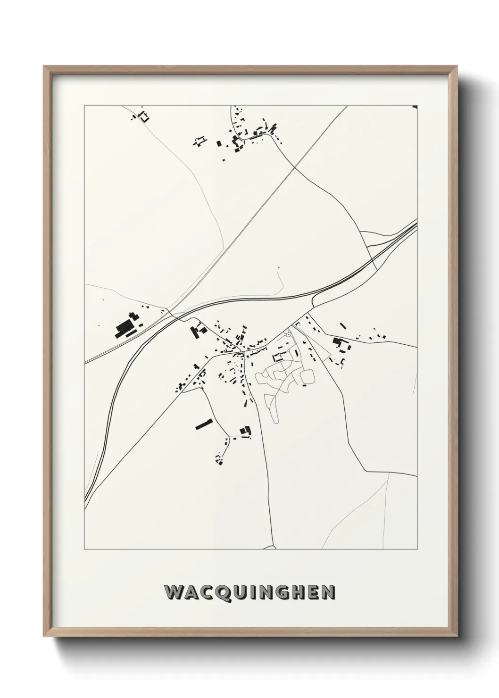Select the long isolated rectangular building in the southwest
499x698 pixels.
coord(204,424)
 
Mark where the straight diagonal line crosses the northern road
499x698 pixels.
coord(295,166)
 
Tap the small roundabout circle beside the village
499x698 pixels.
coord(289,334)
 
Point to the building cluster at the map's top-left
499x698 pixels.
coord(141,115)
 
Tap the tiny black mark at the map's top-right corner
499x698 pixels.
coord(415,107)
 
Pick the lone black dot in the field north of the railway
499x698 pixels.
coord(279,267)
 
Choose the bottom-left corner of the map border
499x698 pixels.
coord(84,549)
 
